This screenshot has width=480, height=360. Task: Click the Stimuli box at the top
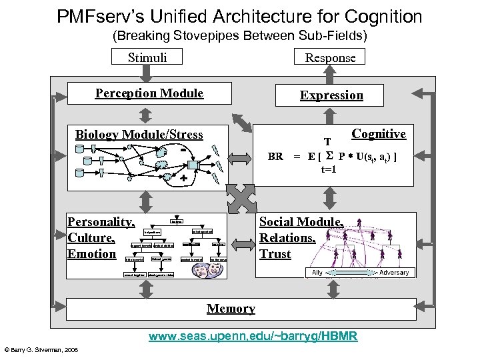pyautogui.click(x=147, y=57)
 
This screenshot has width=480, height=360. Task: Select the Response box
pyautogui.click(x=330, y=57)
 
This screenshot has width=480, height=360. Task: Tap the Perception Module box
pyautogui.click(x=149, y=93)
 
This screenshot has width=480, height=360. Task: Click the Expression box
pyautogui.click(x=331, y=95)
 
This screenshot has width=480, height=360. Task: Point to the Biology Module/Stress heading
pyautogui.click(x=139, y=135)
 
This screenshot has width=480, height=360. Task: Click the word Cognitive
pyautogui.click(x=378, y=134)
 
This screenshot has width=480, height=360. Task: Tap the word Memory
pyautogui.click(x=231, y=308)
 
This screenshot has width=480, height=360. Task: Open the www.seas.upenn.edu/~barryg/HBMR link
pyautogui.click(x=253, y=337)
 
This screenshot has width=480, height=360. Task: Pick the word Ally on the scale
pyautogui.click(x=317, y=272)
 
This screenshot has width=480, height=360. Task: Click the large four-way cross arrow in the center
pyautogui.click(x=241, y=197)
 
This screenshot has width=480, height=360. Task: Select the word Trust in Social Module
pyautogui.click(x=275, y=253)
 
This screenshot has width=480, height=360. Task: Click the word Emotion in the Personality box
pyautogui.click(x=92, y=253)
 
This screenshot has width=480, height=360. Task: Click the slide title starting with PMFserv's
pyautogui.click(x=239, y=16)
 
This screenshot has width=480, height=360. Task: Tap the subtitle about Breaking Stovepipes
pyautogui.click(x=239, y=35)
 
